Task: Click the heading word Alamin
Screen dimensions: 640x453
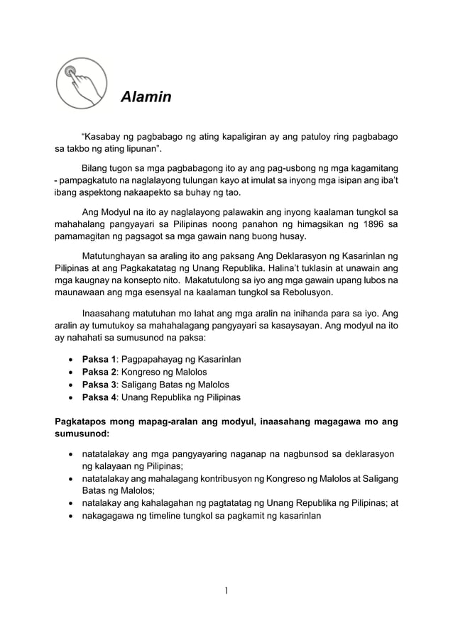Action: (x=146, y=96)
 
